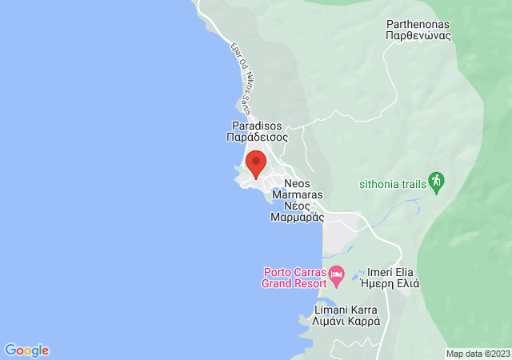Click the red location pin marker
[x=255, y=163]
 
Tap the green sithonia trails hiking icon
[x=436, y=182]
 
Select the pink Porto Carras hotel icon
[x=337, y=275]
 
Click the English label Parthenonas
[x=419, y=24]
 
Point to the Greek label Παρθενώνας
[x=419, y=35]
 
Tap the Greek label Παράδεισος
[x=257, y=137]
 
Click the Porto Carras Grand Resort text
[x=294, y=277]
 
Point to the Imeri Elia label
[x=393, y=272]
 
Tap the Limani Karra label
[x=346, y=310]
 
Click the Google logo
[x=26, y=350]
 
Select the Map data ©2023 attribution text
[x=478, y=354]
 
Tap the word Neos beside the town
[x=297, y=182]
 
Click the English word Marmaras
[x=298, y=194]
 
